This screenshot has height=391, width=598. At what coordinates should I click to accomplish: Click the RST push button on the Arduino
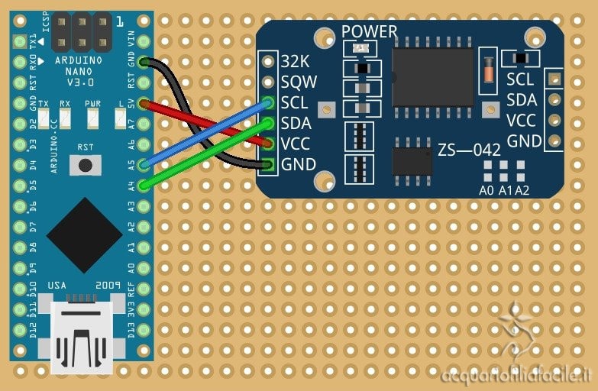coord(86,164)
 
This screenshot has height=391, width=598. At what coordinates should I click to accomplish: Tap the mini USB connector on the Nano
coord(81,336)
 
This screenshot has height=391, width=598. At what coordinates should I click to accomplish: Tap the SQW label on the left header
coord(299,81)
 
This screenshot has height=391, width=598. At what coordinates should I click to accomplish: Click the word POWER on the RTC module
coord(369,32)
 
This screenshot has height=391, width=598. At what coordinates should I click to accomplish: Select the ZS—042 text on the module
coord(469,149)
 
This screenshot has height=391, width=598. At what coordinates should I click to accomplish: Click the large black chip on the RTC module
coord(432,76)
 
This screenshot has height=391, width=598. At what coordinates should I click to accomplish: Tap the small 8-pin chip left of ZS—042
coord(412,160)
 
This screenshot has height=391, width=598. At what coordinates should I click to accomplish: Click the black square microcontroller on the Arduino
coord(83,235)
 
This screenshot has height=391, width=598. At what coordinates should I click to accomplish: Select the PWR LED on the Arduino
coord(93,118)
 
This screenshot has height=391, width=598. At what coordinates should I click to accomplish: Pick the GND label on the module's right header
coord(524,141)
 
